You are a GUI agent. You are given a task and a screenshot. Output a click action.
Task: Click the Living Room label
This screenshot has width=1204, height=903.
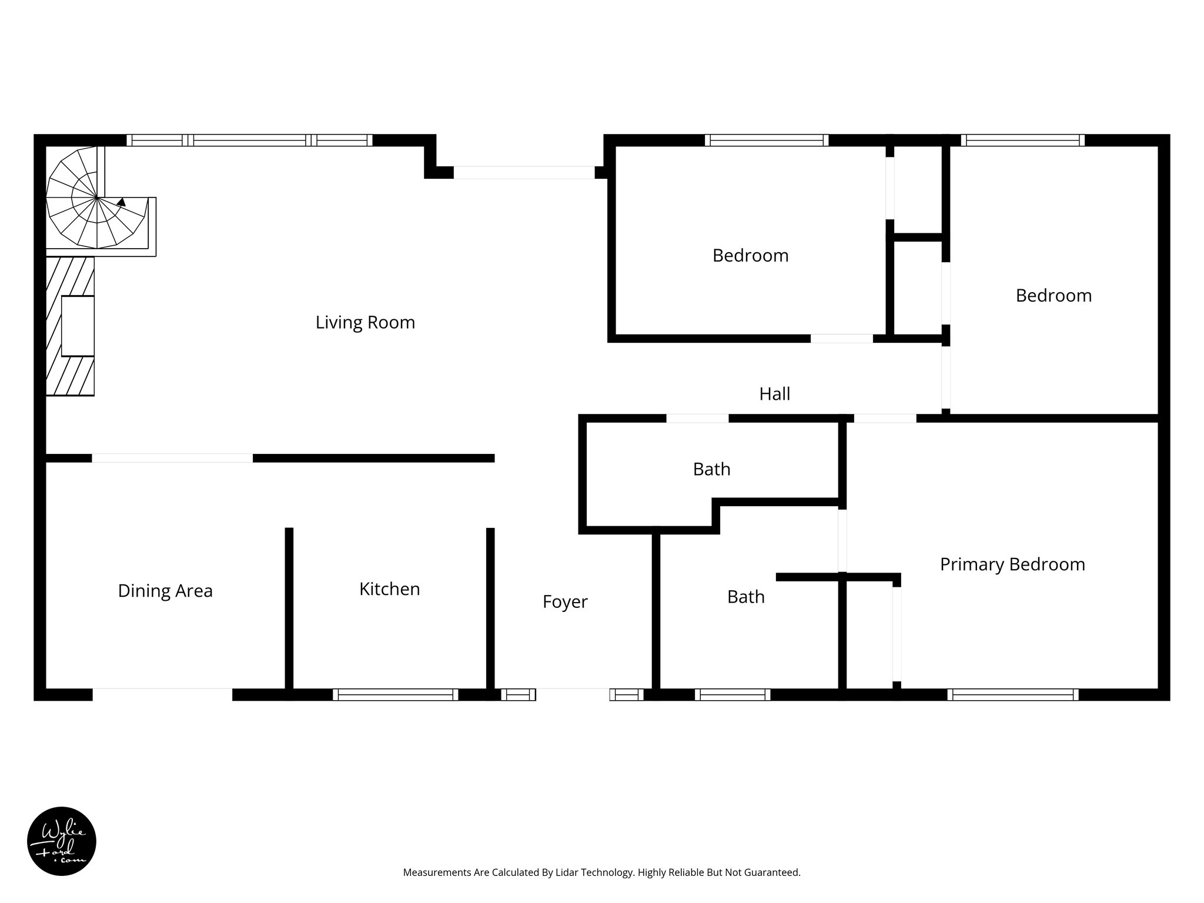[365, 322]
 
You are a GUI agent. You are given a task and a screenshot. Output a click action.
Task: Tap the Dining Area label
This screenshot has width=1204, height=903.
[165, 591]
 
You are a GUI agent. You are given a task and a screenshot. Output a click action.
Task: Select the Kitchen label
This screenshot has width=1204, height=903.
[389, 589]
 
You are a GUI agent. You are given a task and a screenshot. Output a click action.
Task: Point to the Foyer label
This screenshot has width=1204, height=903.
[565, 602]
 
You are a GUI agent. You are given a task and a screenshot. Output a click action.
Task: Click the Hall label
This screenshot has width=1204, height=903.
[774, 394]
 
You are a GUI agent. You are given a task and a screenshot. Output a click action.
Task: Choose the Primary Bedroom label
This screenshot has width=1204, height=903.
[1012, 564]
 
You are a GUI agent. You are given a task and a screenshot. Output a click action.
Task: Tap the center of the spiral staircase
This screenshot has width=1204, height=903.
[97, 198]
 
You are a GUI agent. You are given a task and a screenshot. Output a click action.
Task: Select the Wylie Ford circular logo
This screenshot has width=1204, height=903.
[62, 841]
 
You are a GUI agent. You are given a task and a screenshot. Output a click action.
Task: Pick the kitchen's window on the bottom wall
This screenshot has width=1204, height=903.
[396, 695]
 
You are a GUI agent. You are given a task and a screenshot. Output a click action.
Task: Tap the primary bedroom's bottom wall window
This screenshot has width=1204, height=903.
[1013, 695]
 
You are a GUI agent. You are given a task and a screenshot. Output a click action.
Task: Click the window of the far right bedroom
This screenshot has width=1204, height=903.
[1023, 141]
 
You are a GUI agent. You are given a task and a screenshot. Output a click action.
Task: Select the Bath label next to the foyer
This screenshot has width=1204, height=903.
[745, 597]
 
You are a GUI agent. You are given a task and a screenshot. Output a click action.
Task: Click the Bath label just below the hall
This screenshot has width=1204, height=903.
[711, 469]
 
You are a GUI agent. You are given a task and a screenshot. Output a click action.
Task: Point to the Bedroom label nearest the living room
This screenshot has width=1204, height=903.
[750, 256]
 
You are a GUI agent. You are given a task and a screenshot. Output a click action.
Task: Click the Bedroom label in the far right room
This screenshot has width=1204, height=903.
[1053, 296]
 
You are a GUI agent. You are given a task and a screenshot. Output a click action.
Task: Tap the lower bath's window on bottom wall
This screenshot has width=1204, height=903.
[733, 695]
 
